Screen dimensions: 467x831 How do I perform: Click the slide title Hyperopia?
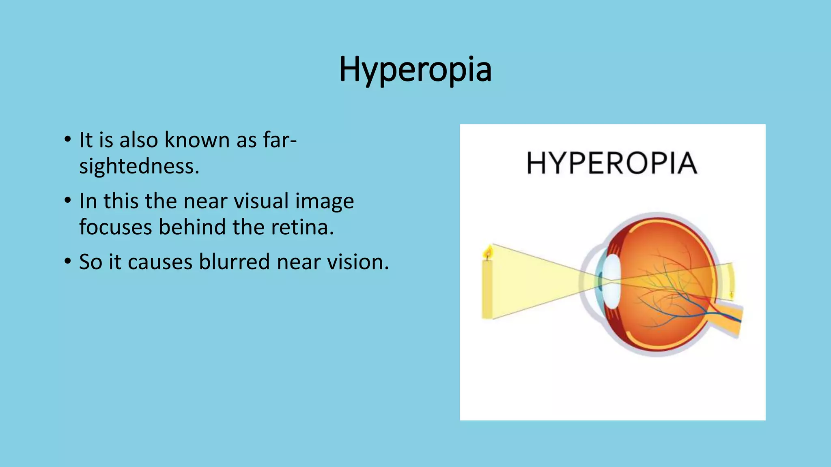(415, 70)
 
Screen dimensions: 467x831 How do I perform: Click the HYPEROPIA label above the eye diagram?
(612, 163)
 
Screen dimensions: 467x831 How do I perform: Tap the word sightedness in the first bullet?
(139, 166)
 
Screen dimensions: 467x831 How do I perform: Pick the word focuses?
(116, 227)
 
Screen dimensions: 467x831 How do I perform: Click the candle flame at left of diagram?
(488, 252)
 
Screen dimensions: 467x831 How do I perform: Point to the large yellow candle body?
(487, 289)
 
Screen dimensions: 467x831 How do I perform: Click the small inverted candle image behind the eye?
(732, 294)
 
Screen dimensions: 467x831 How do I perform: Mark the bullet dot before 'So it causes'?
(67, 261)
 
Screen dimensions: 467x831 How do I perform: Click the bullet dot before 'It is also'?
(67, 139)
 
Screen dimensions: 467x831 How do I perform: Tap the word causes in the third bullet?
(159, 262)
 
